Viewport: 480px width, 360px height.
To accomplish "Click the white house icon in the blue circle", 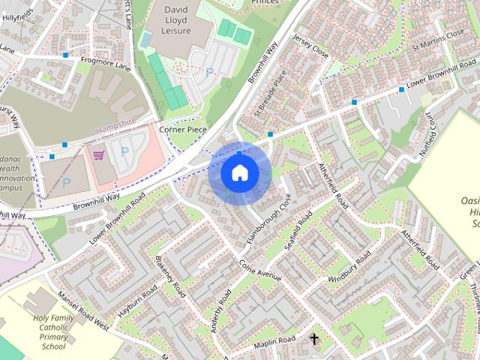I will tap(238, 172).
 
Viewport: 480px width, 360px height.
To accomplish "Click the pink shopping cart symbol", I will tap(98, 155).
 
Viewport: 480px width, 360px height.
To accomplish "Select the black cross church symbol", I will tap(314, 340).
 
